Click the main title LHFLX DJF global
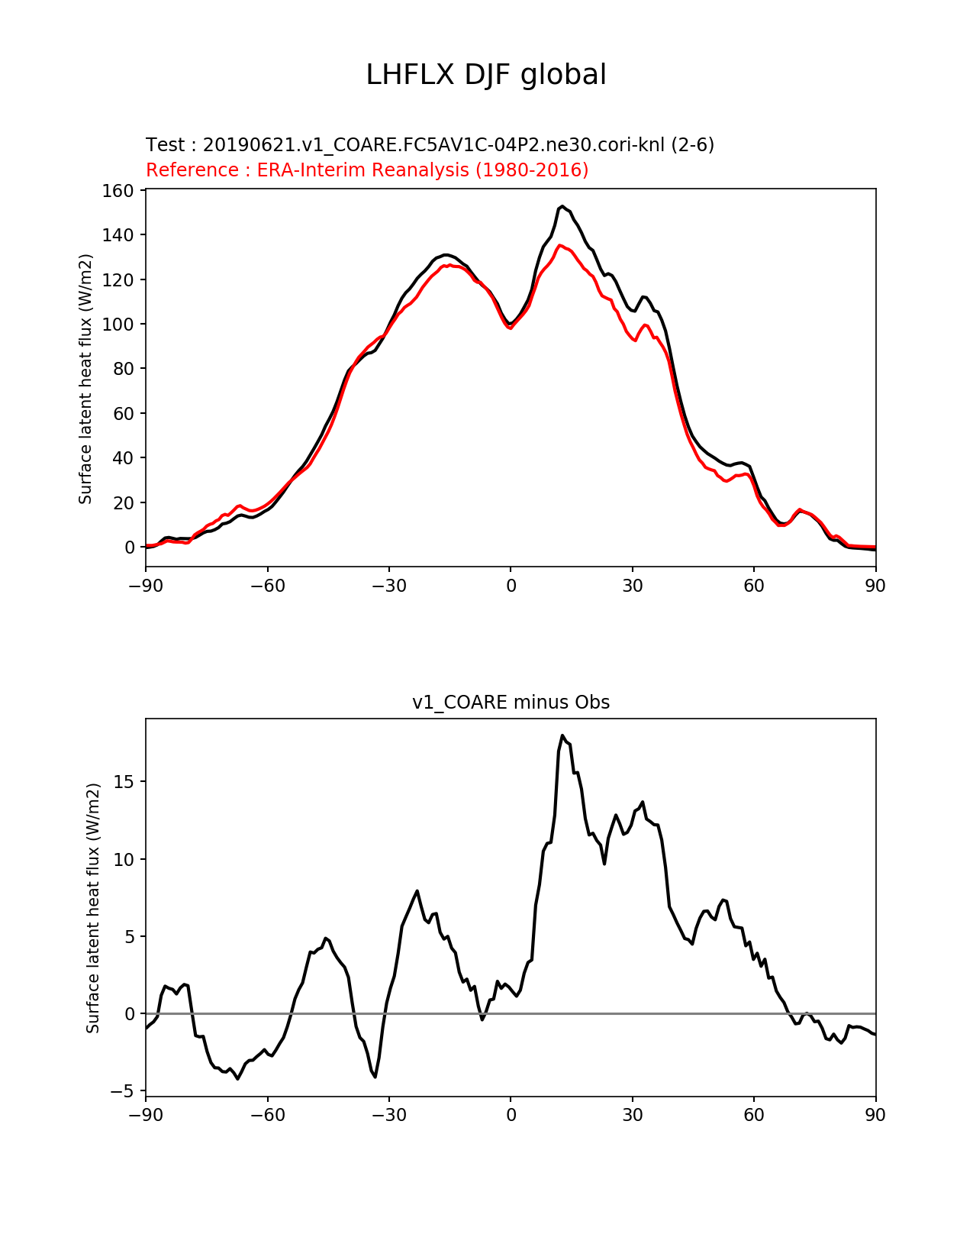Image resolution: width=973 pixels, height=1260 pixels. (486, 75)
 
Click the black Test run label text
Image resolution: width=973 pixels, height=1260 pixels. (430, 145)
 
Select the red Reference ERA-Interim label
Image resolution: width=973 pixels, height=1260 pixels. (367, 170)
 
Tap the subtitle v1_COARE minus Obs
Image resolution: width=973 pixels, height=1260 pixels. (511, 703)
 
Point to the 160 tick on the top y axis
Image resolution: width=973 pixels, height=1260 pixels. (118, 191)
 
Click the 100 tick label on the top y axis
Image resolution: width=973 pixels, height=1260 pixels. (118, 325)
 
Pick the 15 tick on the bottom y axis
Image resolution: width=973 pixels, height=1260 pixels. (124, 782)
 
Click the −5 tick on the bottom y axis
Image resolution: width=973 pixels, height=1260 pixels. (121, 1091)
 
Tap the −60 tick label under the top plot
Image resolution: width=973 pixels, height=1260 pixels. (267, 586)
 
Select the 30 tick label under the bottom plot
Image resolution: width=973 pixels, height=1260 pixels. (633, 1115)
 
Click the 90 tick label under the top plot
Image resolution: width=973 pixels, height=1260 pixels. (875, 586)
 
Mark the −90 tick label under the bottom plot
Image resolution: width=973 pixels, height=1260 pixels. (146, 1115)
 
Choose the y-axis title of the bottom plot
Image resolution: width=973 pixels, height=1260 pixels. (93, 908)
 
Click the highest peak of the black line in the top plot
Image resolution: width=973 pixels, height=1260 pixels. (562, 206)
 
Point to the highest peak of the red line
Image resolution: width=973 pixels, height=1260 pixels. (560, 245)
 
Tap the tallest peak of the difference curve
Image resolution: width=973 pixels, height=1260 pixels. (562, 735)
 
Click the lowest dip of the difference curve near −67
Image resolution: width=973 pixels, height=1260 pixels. (238, 1078)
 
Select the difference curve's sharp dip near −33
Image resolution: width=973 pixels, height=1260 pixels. (375, 1077)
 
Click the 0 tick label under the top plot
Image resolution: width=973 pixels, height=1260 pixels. (511, 586)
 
